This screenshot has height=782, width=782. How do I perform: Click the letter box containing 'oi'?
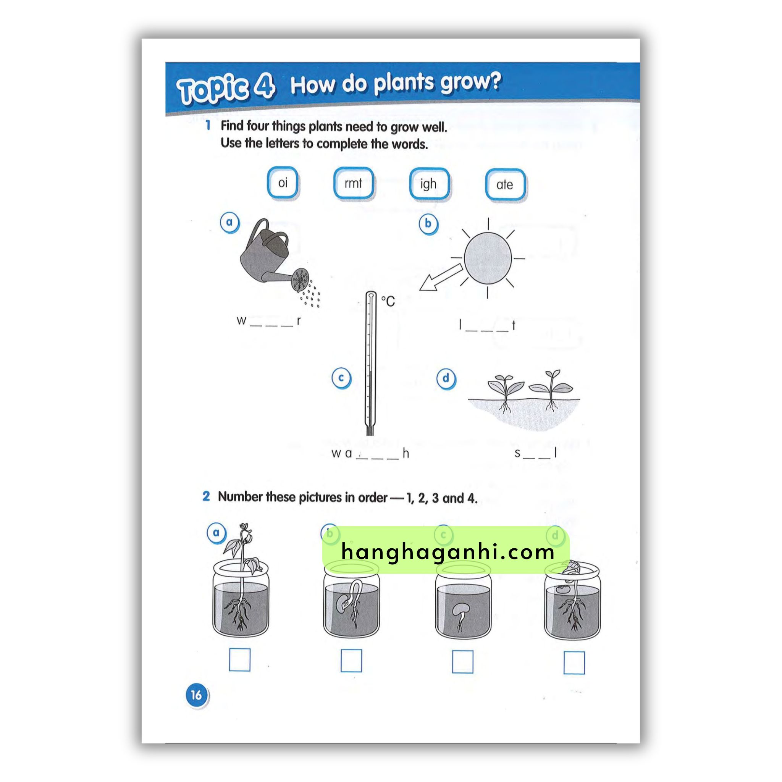pyautogui.click(x=283, y=183)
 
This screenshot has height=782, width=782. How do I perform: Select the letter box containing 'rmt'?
pyautogui.click(x=353, y=183)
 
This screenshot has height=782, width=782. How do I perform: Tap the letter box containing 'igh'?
pyautogui.click(x=429, y=184)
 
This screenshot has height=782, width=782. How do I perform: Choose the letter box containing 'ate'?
pyautogui.click(x=505, y=185)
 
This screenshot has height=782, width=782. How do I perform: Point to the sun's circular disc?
pyautogui.click(x=488, y=259)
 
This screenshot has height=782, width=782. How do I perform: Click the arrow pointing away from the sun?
pyautogui.click(x=441, y=278)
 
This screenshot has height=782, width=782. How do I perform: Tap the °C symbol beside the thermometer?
pyautogui.click(x=388, y=301)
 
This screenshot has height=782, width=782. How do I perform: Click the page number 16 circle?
pyautogui.click(x=196, y=695)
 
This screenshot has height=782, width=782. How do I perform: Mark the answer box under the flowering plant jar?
pyautogui.click(x=240, y=660)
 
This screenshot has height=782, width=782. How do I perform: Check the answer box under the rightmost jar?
pyautogui.click(x=574, y=662)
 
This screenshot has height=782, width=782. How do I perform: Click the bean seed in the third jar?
pyautogui.click(x=461, y=609)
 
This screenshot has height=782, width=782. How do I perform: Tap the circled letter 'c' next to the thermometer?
pyautogui.click(x=341, y=378)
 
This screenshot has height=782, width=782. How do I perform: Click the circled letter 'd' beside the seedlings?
pyautogui.click(x=446, y=378)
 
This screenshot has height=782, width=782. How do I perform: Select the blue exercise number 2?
pyautogui.click(x=206, y=496)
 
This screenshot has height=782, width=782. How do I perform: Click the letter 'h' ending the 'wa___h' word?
pyautogui.click(x=406, y=453)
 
